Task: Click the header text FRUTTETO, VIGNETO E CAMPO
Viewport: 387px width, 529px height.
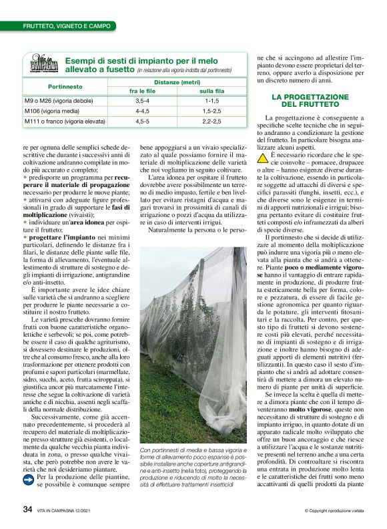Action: (63, 25)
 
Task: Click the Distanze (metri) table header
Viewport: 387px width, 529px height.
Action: (177, 82)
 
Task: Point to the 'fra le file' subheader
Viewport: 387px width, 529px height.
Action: (142, 92)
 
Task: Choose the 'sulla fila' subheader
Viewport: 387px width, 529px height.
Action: (212, 92)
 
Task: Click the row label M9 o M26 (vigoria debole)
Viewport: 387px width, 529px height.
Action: (60, 101)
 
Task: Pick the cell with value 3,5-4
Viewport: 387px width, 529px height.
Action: (142, 101)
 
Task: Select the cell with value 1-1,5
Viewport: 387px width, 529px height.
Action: (212, 101)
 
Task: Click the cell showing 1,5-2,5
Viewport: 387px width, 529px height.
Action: (212, 112)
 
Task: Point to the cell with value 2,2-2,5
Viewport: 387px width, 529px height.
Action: (212, 122)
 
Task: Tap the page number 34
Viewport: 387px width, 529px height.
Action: (28, 509)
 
